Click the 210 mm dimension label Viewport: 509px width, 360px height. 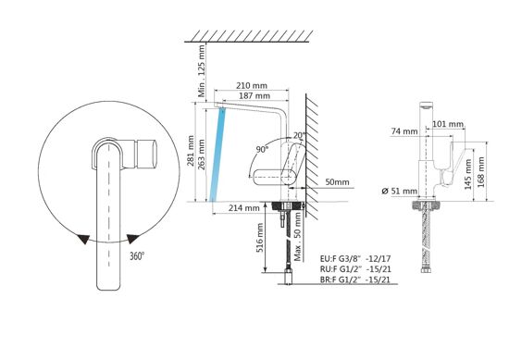click(252, 85)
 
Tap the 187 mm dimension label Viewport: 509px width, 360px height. click(254, 95)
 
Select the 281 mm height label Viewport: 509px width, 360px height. click(190, 151)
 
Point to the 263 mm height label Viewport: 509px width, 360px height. click(201, 155)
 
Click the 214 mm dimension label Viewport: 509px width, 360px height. click(243, 207)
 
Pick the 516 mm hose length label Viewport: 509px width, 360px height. click(260, 239)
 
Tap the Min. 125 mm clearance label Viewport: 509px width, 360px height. click(202, 71)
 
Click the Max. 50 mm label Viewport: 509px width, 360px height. click(298, 237)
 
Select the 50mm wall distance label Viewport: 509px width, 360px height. click(337, 182)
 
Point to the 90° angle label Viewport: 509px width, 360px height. click(262, 150)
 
